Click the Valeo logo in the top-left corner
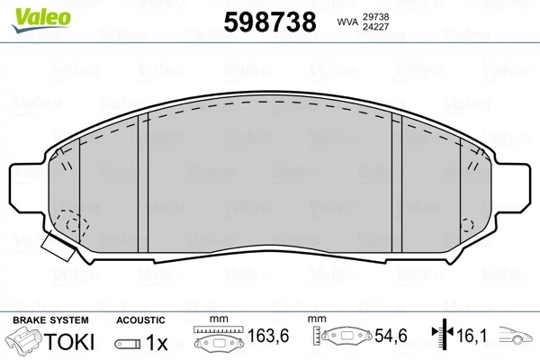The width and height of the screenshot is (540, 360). pyautogui.click(x=29, y=10)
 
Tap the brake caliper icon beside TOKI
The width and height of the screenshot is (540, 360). pyautogui.click(x=22, y=342)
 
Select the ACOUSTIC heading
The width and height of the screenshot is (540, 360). pyautogui.click(x=141, y=319)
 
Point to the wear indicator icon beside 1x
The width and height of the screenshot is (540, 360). pyautogui.click(x=128, y=344)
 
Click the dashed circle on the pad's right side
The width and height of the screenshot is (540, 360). pyautogui.click(x=466, y=225)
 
